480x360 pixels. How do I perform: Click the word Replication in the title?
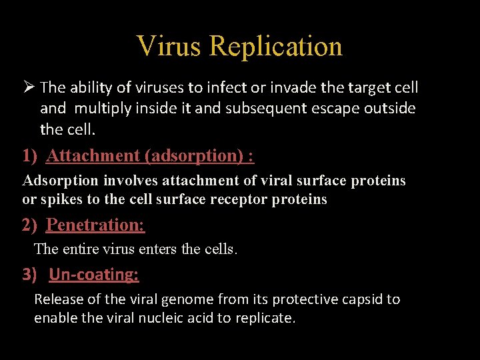275,47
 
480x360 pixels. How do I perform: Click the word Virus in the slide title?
169,47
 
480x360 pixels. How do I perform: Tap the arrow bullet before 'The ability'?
29,87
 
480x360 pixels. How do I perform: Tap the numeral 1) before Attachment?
29,156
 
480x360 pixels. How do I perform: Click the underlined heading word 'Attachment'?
94,156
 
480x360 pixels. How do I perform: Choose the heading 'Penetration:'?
95,225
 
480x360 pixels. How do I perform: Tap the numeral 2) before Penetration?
29,225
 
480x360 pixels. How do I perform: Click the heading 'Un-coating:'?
93,275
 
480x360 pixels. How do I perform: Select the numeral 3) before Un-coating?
29,275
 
